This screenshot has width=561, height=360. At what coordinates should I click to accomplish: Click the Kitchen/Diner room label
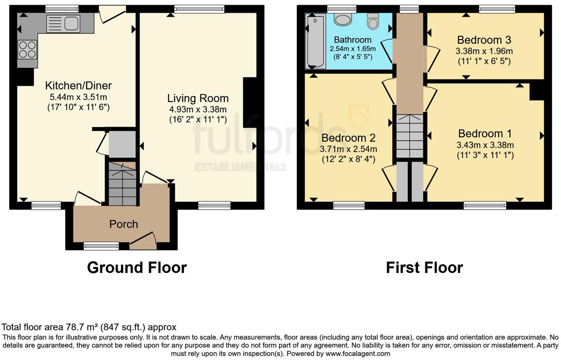pos(78,86)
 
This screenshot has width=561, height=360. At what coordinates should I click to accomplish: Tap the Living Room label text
pos(198,98)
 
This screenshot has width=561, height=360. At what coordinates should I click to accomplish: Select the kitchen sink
pos(63,24)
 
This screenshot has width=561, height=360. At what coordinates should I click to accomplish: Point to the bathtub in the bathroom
pos(315,41)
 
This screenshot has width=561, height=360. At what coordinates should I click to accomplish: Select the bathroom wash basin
pos(343,20)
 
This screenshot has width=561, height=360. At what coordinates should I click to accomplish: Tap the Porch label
pos(124,224)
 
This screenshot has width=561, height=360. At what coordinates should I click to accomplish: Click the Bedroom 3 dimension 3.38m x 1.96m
pos(484,51)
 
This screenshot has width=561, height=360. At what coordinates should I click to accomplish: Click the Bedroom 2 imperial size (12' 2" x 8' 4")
pos(348,159)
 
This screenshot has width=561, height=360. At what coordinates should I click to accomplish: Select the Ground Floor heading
pos(137,267)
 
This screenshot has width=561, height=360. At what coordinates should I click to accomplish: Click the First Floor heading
pos(424,267)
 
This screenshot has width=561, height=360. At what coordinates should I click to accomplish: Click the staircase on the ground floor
pos(122,184)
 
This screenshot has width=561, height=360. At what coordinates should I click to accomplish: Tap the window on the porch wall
pos(101,246)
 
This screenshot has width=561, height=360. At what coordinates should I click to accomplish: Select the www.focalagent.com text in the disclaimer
pos(358,353)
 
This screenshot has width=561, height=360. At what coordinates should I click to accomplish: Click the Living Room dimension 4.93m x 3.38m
pos(198,109)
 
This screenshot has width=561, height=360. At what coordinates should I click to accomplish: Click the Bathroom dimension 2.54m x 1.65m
pos(352,49)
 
